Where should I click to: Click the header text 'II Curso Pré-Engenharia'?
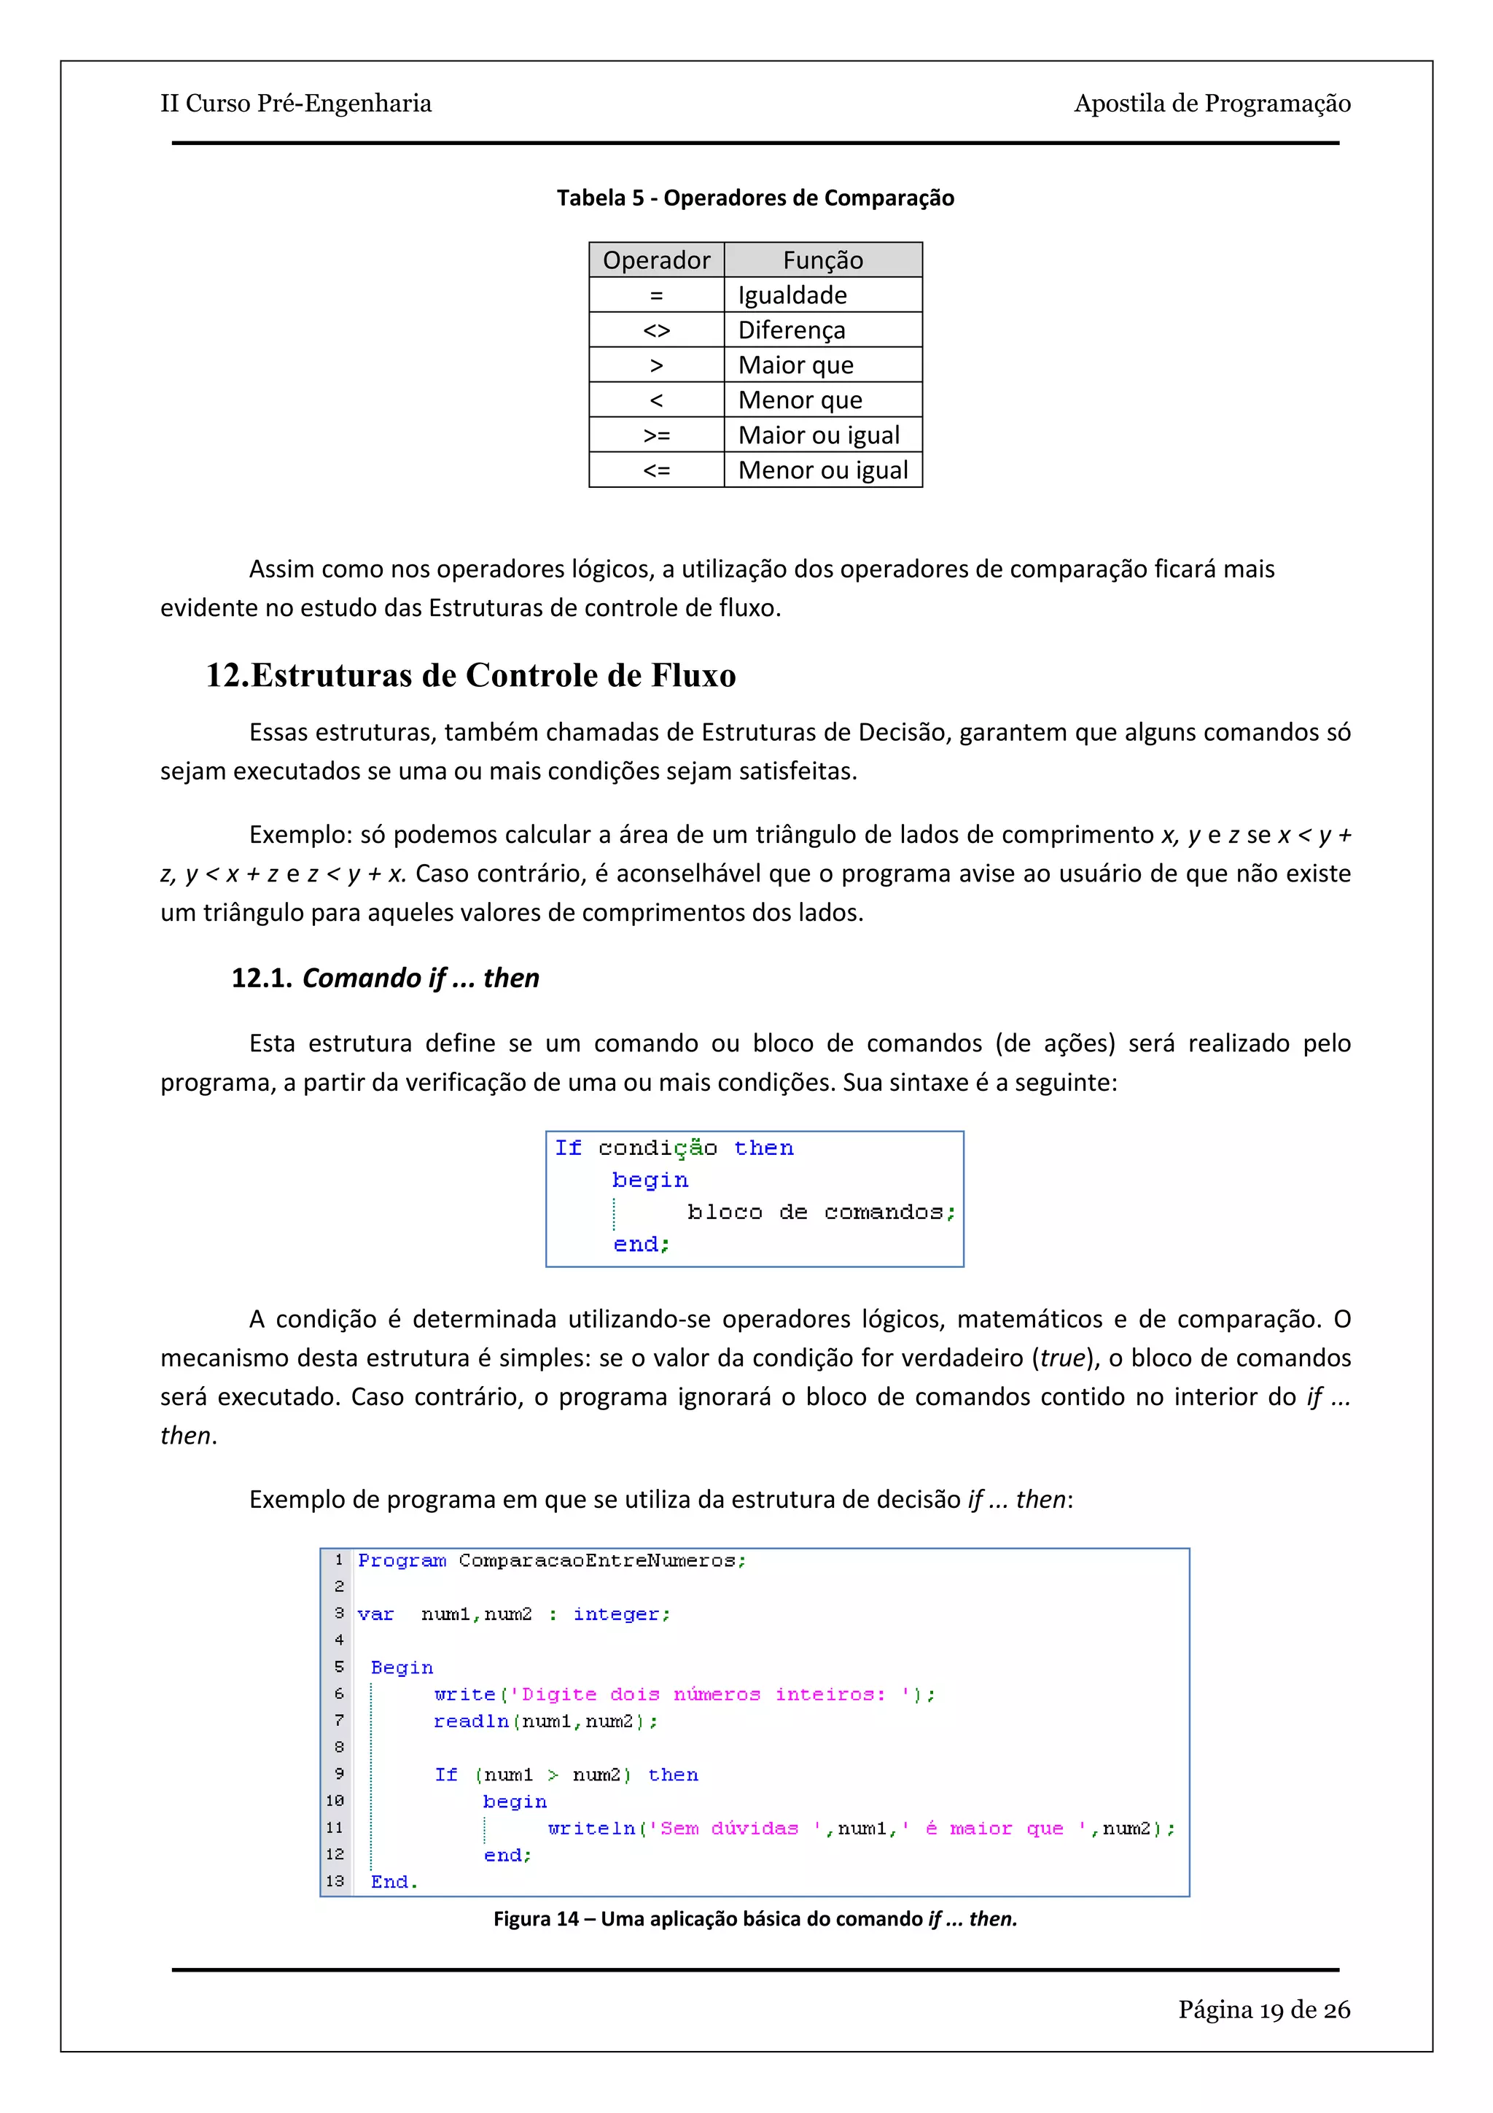tap(295, 103)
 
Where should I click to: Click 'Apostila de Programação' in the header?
tap(1212, 103)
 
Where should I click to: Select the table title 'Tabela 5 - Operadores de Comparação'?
tap(755, 198)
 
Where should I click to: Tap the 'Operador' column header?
tap(656, 260)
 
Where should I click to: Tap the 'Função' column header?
tap(822, 260)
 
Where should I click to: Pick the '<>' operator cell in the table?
tap(656, 330)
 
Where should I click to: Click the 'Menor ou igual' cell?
tap(822, 470)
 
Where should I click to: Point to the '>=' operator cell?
tap(656, 435)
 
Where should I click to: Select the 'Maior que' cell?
tap(796, 365)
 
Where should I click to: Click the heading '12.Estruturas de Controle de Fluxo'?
tap(470, 675)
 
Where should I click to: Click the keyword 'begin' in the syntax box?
tap(650, 1180)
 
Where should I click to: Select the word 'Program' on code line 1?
tap(402, 1561)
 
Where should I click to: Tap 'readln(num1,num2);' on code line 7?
tap(545, 1721)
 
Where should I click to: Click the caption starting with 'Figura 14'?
tap(755, 1919)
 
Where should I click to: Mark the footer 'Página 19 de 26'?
tap(1263, 2010)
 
